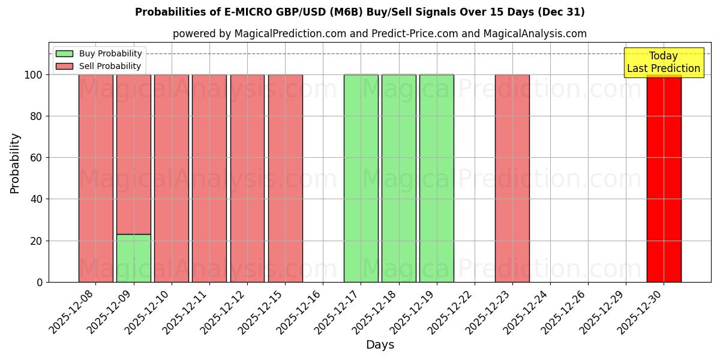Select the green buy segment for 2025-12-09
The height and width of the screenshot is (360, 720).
coord(133,258)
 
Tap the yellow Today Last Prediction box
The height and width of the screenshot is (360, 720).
coord(664,62)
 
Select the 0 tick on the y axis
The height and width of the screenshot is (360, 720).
coord(40,282)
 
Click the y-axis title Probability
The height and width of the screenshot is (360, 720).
coord(15,163)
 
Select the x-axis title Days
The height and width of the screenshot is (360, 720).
coord(380,345)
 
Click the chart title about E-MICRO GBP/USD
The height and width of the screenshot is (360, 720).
coord(359,12)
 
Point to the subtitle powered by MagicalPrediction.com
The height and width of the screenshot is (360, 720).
coord(379,34)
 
